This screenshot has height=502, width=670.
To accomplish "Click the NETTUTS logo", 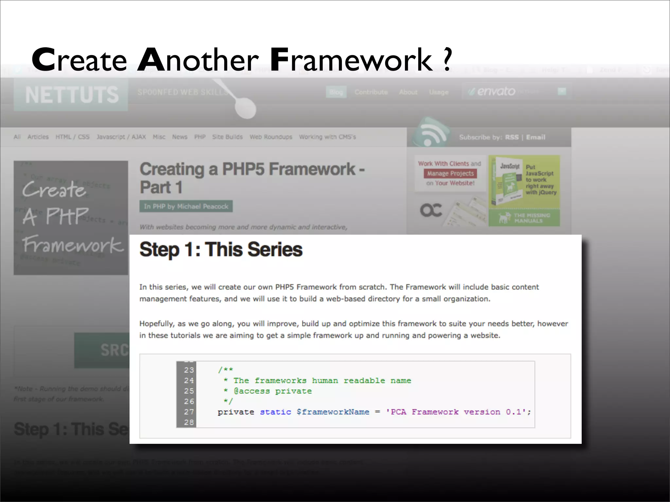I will pyautogui.click(x=71, y=95).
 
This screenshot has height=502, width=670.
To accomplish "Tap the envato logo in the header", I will pyautogui.click(x=496, y=92).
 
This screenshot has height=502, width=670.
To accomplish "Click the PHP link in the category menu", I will pyautogui.click(x=200, y=137).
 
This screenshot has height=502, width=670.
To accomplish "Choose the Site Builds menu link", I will pyautogui.click(x=227, y=137).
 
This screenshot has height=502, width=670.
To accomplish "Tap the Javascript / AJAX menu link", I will pyautogui.click(x=121, y=137).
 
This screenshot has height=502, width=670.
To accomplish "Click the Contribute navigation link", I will pyautogui.click(x=371, y=92).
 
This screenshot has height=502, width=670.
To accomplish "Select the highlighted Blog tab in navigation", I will pyautogui.click(x=336, y=92).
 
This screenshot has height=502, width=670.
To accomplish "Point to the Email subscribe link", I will pyautogui.click(x=536, y=137).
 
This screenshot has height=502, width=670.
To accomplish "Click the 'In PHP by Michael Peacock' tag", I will pyautogui.click(x=186, y=207).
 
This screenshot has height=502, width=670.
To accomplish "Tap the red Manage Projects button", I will pyautogui.click(x=450, y=174).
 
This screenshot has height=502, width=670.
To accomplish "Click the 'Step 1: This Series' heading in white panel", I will pyautogui.click(x=221, y=250).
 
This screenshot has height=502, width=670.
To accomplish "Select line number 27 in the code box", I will pyautogui.click(x=189, y=412).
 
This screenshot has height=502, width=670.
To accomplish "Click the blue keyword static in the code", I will pyautogui.click(x=275, y=412).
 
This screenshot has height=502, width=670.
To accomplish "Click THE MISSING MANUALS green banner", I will pyautogui.click(x=524, y=218).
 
